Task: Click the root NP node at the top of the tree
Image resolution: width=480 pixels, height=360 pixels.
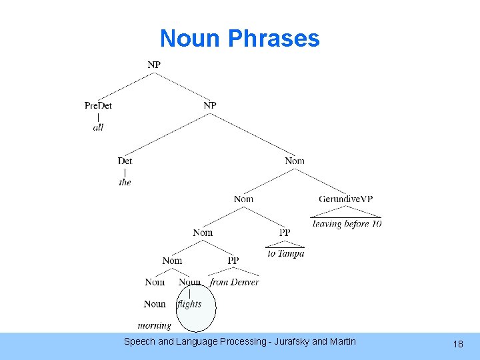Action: (154, 65)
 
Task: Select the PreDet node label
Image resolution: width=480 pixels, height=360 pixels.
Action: (98, 105)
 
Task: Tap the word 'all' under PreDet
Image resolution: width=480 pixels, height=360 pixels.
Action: (98, 127)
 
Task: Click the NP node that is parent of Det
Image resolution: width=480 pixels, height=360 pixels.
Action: (210, 105)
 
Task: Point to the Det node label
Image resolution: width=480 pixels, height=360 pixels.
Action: (125, 161)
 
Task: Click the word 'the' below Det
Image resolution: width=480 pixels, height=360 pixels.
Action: (125, 182)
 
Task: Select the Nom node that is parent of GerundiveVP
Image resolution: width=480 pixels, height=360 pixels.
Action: (295, 161)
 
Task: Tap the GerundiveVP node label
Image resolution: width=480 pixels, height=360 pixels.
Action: (345, 199)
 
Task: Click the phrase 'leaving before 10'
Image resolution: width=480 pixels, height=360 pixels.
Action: (347, 224)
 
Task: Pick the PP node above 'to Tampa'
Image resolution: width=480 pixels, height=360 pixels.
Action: (285, 233)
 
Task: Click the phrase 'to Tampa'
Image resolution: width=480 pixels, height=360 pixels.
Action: (285, 253)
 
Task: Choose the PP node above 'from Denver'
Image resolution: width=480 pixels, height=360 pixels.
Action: (233, 260)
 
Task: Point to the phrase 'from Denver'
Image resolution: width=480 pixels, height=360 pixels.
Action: (234, 282)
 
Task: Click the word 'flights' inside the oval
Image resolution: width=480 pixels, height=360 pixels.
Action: (189, 304)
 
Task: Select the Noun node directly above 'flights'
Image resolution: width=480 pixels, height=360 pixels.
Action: (189, 282)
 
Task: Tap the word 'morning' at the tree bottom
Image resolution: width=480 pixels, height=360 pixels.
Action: (154, 325)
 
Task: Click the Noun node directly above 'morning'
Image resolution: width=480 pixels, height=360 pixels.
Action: (155, 304)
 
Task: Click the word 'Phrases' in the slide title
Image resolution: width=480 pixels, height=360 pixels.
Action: (273, 38)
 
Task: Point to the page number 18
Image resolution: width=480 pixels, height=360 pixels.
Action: (458, 344)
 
